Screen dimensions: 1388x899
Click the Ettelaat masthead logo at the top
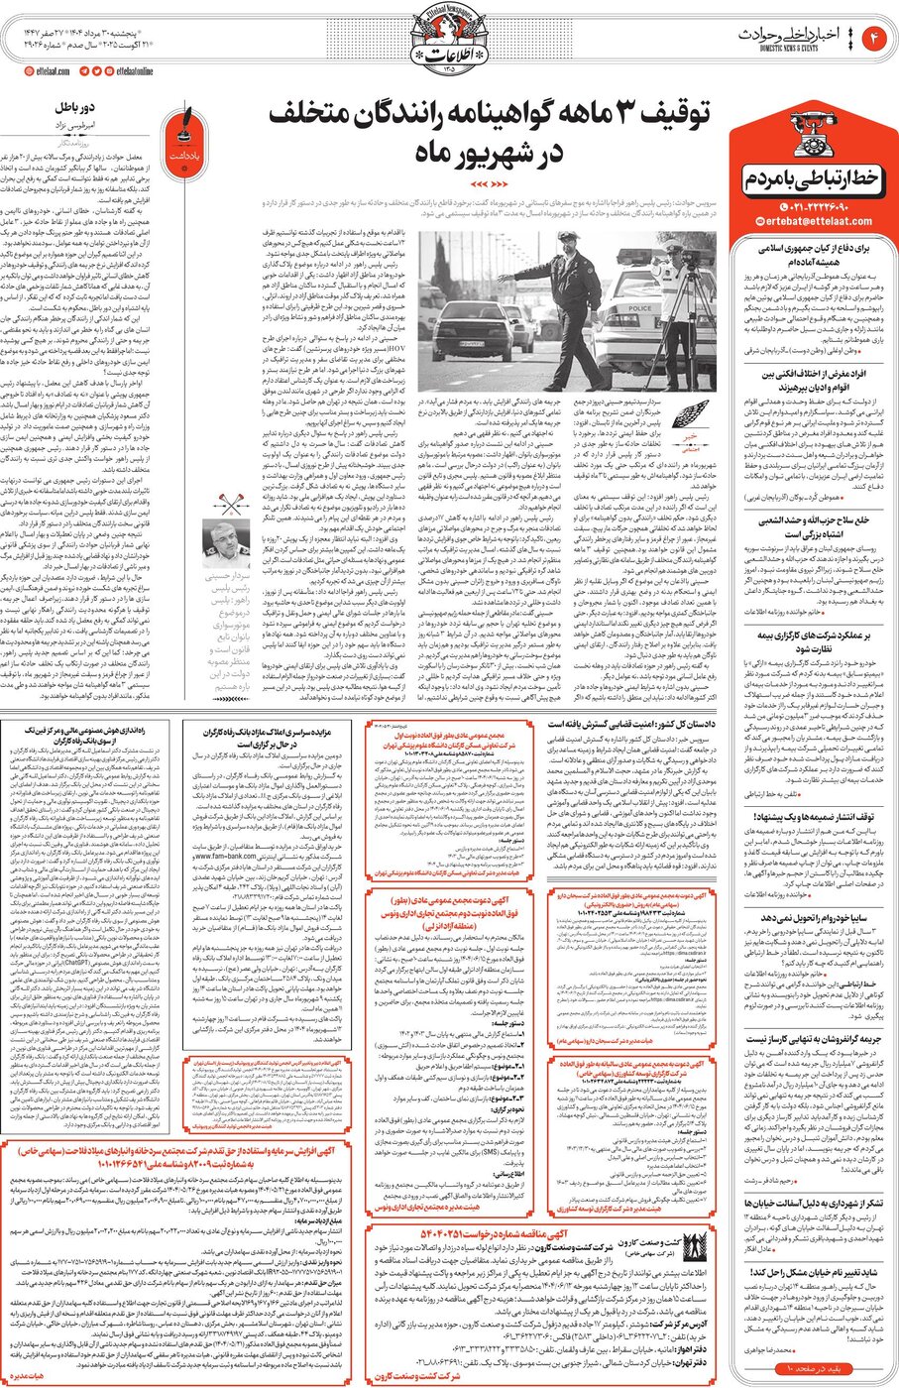[x=448, y=41]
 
